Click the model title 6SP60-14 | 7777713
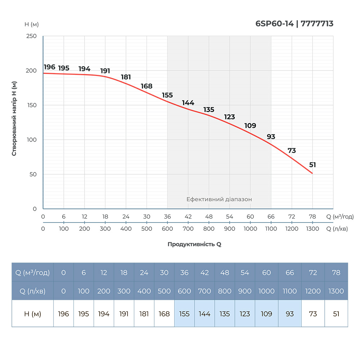(294, 24)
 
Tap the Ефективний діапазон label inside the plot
(219, 199)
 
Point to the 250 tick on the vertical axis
(32, 36)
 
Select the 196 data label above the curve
(49, 67)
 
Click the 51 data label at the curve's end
(312, 165)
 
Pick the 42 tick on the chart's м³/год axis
(188, 217)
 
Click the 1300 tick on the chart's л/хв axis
(312, 229)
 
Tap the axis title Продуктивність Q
(194, 244)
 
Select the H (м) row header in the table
(32, 314)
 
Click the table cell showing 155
(184, 314)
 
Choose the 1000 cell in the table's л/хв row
(266, 291)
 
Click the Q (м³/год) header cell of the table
(32, 273)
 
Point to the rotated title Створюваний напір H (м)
(14, 118)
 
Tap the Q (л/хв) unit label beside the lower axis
(337, 229)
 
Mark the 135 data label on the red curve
(209, 109)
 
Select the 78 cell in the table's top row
(336, 273)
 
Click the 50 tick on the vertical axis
(33, 174)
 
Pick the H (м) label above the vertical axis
(32, 24)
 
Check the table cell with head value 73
(313, 314)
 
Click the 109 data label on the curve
(250, 126)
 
